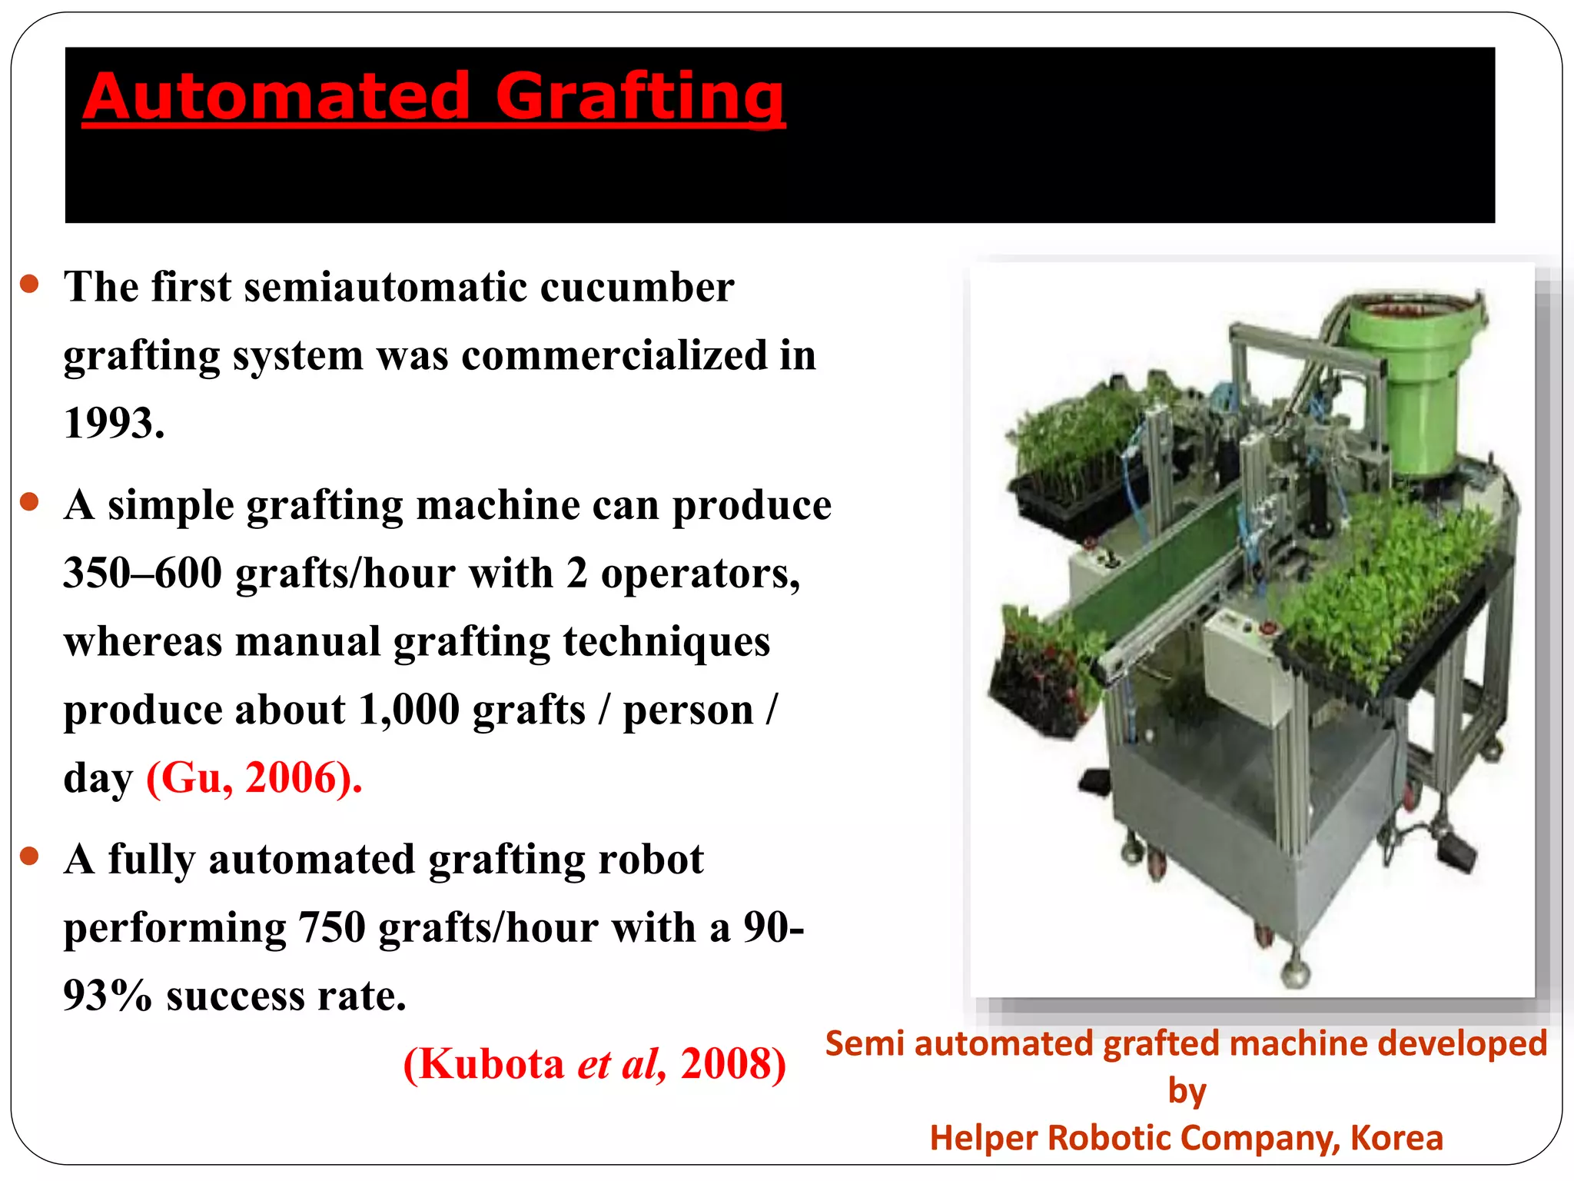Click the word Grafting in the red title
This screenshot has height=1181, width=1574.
pyautogui.click(x=639, y=98)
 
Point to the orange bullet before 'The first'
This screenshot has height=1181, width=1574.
pyautogui.click(x=30, y=284)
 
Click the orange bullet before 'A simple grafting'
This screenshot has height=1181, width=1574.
pyautogui.click(x=30, y=503)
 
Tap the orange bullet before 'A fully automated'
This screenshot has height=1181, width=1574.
pyautogui.click(x=30, y=856)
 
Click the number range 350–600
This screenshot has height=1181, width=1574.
pyautogui.click(x=143, y=574)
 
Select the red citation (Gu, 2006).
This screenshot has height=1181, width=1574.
pyautogui.click(x=254, y=778)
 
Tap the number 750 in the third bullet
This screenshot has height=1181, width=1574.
pyautogui.click(x=331, y=928)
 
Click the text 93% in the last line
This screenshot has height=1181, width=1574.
pyautogui.click(x=108, y=996)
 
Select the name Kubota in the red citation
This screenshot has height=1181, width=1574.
pyautogui.click(x=492, y=1065)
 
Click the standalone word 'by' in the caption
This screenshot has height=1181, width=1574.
pyautogui.click(x=1187, y=1091)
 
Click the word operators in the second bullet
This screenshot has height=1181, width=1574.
pyautogui.click(x=700, y=574)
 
